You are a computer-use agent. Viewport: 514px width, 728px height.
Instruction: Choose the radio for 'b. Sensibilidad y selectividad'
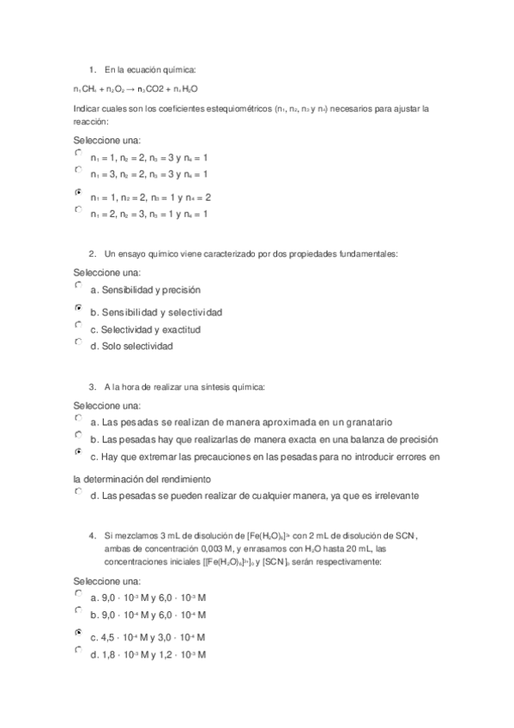coord(78,306)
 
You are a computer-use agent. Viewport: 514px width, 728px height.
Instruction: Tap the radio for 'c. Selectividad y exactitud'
coord(78,325)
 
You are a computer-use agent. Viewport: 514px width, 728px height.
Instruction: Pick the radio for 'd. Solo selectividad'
coord(78,342)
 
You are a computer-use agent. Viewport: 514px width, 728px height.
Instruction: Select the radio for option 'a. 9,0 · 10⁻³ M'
coord(78,592)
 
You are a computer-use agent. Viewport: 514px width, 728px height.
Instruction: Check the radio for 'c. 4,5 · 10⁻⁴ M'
coord(78,632)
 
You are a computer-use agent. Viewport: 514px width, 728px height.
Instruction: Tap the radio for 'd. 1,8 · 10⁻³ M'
coord(78,650)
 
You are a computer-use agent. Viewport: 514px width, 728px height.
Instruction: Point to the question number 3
coord(92,387)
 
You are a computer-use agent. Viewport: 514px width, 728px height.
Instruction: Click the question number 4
coord(92,536)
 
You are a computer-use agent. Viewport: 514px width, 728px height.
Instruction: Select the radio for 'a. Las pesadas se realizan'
coord(78,417)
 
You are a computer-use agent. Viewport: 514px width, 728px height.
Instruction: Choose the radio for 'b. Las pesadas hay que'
coord(78,434)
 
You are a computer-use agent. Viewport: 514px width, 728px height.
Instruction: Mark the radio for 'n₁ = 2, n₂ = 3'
coord(78,209)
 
